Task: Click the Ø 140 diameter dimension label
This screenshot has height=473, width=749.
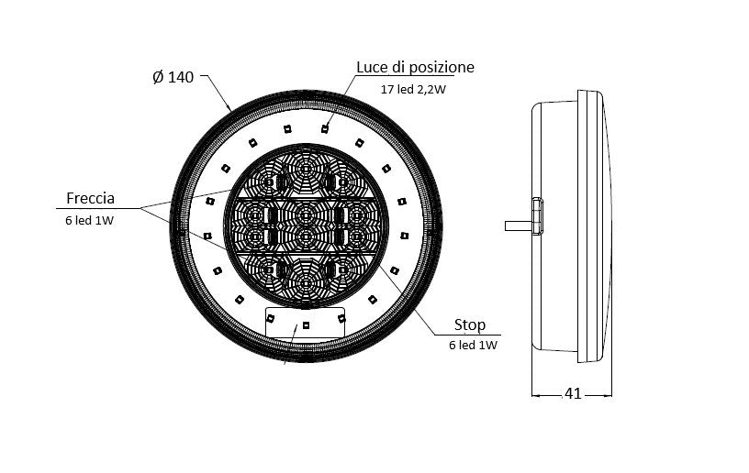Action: point(173,77)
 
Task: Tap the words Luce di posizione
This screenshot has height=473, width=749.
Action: point(415,67)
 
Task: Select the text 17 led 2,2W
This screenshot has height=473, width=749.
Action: point(413,89)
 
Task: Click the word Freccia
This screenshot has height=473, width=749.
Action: point(90,198)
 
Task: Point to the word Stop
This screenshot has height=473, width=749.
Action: point(470,324)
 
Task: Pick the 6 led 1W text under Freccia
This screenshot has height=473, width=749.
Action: point(90,220)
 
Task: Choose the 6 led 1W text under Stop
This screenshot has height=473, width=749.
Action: point(473,345)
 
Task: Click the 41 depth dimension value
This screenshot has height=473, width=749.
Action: point(573,393)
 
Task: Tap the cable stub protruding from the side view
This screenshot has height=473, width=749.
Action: point(519,225)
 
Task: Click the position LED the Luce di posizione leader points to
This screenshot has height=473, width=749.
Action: point(325,128)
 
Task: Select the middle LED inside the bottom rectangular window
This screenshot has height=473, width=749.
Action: point(306,325)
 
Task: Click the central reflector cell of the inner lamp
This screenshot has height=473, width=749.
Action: point(306,225)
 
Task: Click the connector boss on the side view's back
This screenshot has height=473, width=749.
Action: point(537,216)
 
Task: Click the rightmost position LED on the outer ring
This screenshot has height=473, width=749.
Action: point(404,236)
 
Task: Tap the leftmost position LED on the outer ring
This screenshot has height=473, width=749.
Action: point(207,236)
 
